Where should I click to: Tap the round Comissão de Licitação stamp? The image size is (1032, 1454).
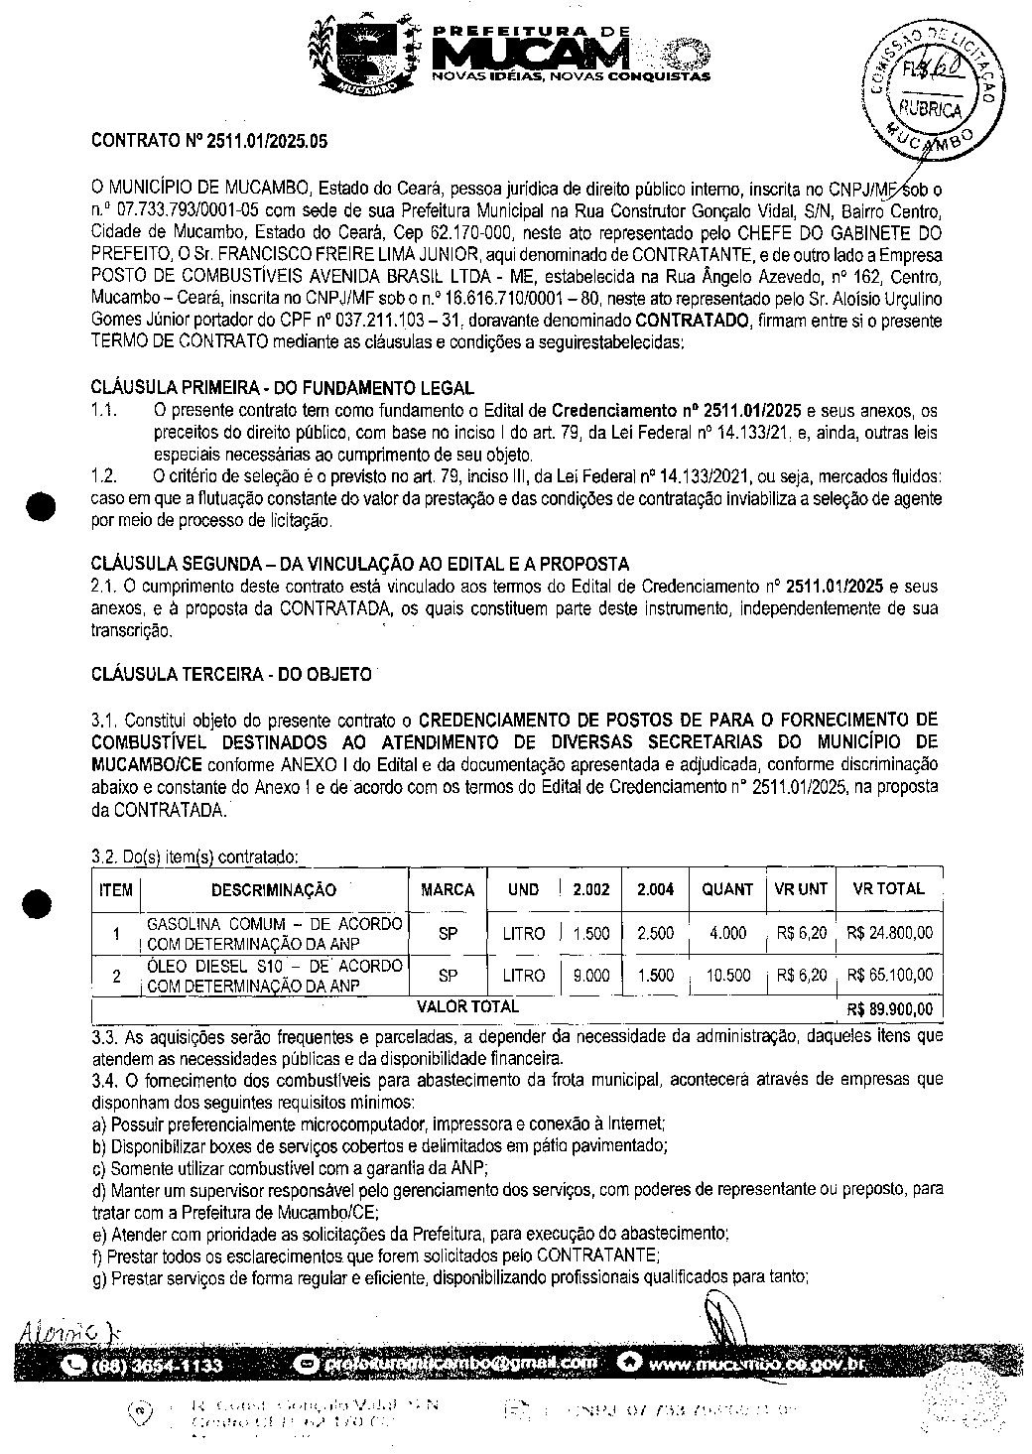(x=931, y=87)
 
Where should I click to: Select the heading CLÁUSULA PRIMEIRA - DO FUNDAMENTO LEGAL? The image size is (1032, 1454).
(x=282, y=387)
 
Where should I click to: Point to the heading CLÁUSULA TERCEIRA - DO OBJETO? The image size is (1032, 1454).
(x=231, y=674)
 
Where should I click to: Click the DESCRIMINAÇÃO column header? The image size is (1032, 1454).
(x=273, y=890)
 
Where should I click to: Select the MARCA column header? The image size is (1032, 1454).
(x=448, y=890)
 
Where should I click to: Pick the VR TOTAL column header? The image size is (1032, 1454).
(x=888, y=889)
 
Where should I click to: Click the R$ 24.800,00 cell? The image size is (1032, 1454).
(x=890, y=933)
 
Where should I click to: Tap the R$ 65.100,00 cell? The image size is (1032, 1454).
(x=890, y=976)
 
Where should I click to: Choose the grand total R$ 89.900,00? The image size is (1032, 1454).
(x=890, y=1009)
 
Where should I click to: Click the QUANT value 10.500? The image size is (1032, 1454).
(x=727, y=976)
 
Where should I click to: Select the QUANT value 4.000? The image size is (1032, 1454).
(x=727, y=933)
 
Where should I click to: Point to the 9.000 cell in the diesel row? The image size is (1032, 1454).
(x=591, y=976)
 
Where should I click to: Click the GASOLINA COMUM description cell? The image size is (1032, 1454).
(x=274, y=933)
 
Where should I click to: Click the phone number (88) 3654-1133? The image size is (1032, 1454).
(x=157, y=1366)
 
